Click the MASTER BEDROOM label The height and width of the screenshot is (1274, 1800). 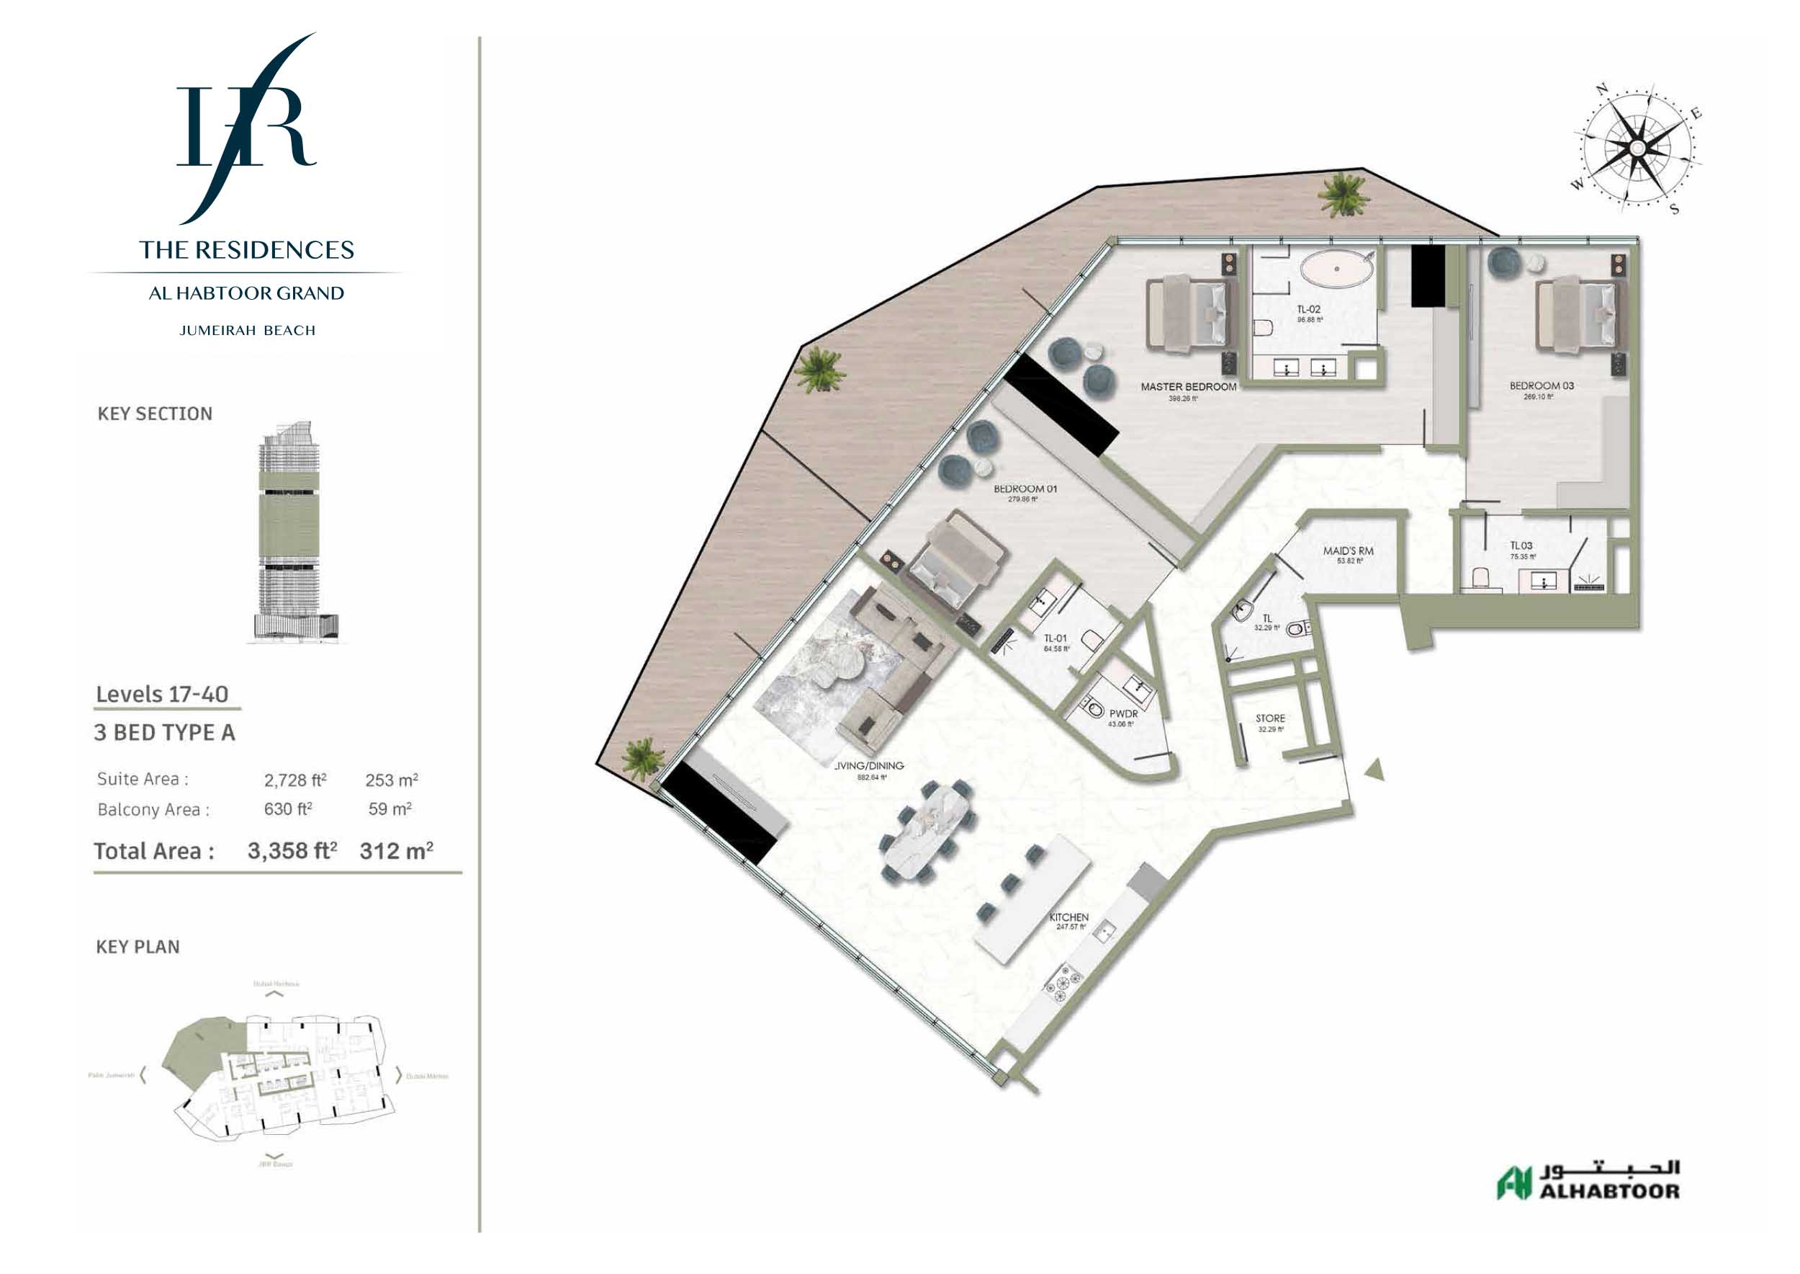(x=1188, y=387)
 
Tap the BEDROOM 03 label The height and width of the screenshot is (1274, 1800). (x=1542, y=386)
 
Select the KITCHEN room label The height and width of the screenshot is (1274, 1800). (x=1068, y=917)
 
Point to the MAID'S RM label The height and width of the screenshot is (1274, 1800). (x=1348, y=551)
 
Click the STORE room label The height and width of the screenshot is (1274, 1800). (x=1270, y=718)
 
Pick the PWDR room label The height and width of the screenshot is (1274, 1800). (x=1122, y=714)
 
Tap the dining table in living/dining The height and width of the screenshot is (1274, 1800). (x=929, y=829)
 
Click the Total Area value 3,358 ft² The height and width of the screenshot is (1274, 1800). (x=292, y=851)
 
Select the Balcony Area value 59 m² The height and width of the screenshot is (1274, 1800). (x=390, y=808)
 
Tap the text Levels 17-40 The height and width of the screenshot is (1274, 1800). (x=162, y=694)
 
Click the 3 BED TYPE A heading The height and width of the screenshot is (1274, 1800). (x=165, y=733)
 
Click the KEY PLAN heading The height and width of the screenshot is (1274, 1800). (x=138, y=947)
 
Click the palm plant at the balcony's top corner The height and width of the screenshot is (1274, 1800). (x=1343, y=195)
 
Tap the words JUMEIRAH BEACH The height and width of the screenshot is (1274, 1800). (x=247, y=331)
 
